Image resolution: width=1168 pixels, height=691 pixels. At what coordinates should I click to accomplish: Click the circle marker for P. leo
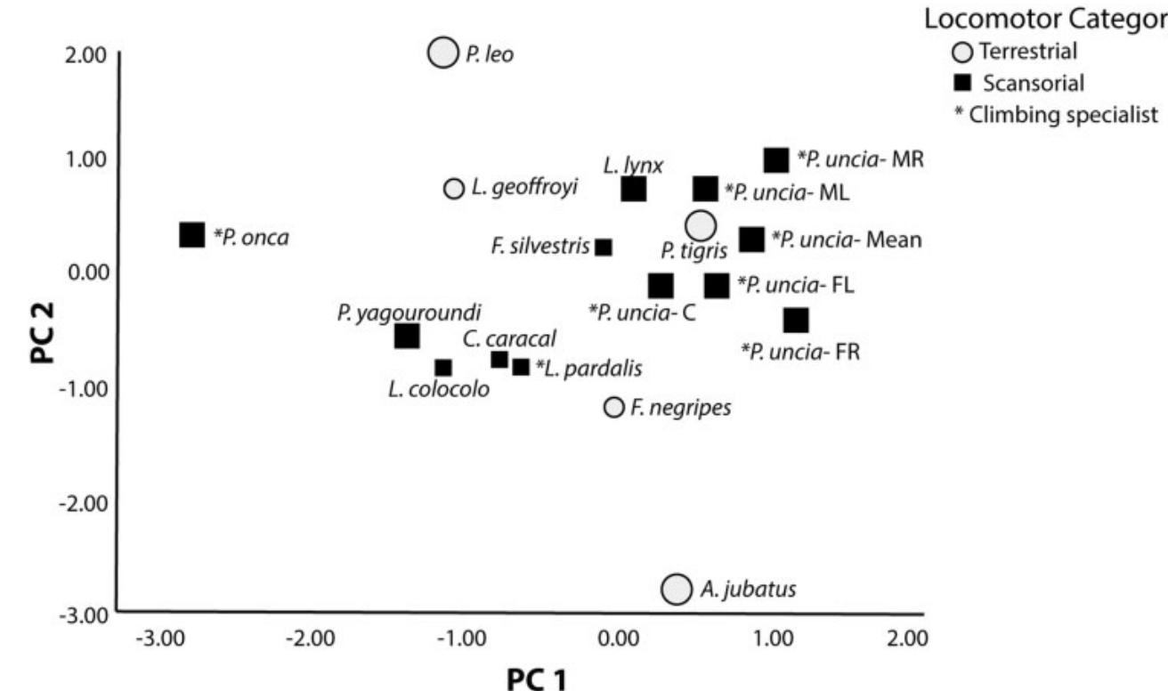tap(442, 53)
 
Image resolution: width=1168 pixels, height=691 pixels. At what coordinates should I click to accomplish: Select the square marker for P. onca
tap(192, 235)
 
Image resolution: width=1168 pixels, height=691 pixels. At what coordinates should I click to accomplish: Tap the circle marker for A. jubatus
tap(677, 589)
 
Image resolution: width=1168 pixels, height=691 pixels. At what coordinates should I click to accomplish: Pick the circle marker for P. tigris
tap(701, 226)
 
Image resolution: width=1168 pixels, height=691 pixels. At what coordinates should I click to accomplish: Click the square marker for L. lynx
tap(633, 190)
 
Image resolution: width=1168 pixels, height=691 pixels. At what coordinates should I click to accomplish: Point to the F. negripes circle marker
tap(613, 407)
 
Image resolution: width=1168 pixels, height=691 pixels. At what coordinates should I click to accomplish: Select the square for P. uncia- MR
tap(776, 160)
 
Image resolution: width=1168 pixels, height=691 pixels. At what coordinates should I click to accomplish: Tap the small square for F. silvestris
tap(604, 248)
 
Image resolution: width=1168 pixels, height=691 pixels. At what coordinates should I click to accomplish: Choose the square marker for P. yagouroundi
tap(407, 337)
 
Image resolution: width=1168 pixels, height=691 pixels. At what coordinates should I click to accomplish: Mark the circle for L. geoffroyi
tap(454, 188)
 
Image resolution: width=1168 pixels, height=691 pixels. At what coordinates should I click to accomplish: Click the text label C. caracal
tap(509, 338)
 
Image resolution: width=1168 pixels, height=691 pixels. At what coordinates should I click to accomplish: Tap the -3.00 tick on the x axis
tap(164, 638)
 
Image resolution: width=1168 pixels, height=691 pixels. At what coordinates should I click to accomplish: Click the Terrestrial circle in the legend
tap(962, 52)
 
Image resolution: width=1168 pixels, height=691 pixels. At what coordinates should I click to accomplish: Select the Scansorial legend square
tap(962, 84)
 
